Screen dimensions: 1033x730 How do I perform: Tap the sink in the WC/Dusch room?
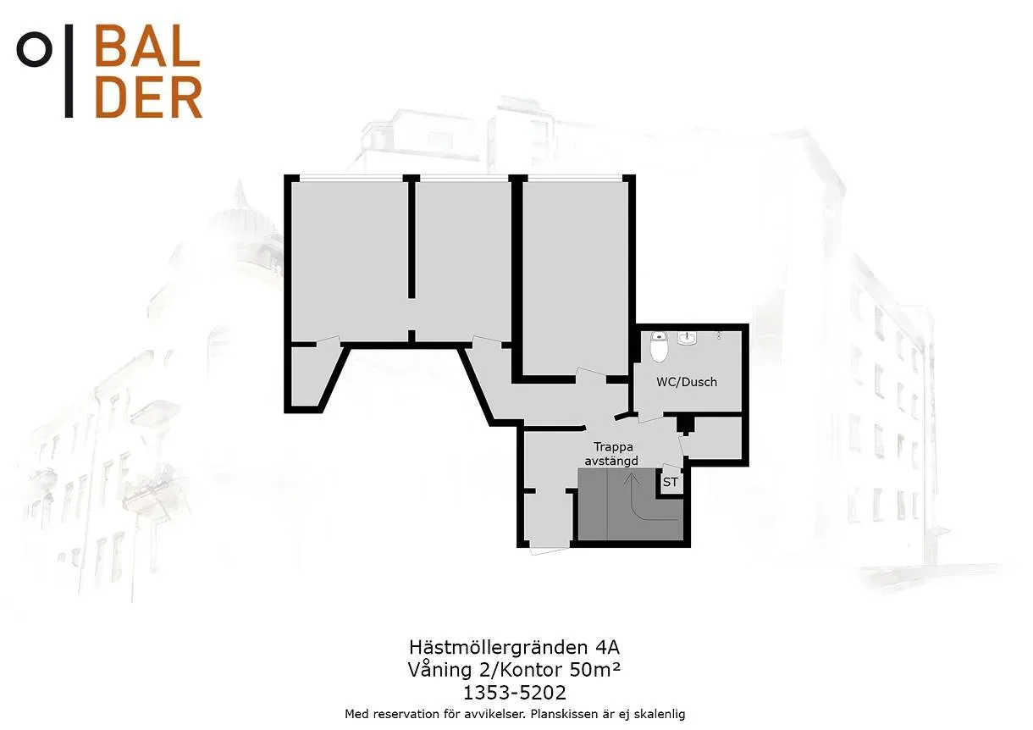(688, 338)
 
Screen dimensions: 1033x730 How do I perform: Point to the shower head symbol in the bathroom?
(719, 335)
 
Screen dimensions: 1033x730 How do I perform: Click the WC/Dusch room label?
(687, 382)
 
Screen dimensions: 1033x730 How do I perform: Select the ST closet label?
(670, 482)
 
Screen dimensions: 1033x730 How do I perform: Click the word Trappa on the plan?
(613, 447)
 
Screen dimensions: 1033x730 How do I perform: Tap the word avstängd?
(611, 461)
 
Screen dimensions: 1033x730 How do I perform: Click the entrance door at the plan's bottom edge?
(550, 550)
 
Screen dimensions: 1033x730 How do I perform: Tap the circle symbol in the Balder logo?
(34, 49)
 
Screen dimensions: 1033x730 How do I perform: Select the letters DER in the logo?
(148, 97)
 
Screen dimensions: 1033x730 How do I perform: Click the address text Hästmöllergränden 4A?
(515, 648)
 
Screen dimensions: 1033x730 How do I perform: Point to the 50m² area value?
(595, 670)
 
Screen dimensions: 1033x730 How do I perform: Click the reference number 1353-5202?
(515, 693)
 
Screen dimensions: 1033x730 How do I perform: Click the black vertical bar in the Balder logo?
(69, 70)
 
